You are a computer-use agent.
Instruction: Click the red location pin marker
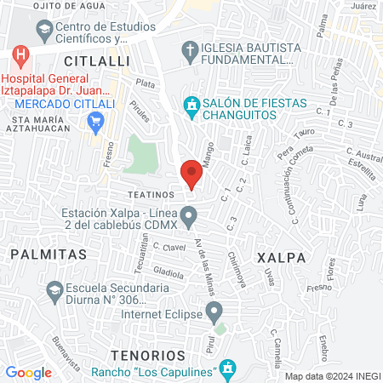(191, 174)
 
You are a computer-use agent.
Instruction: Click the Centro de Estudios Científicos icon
(43, 31)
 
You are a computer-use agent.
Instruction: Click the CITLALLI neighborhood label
(94, 62)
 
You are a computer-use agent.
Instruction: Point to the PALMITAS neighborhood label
(48, 254)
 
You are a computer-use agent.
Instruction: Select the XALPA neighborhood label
(278, 256)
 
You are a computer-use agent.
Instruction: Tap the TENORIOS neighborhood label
(148, 353)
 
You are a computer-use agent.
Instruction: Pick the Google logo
(29, 372)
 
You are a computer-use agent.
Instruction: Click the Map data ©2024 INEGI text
(331, 376)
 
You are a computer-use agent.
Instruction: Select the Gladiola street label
(169, 272)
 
